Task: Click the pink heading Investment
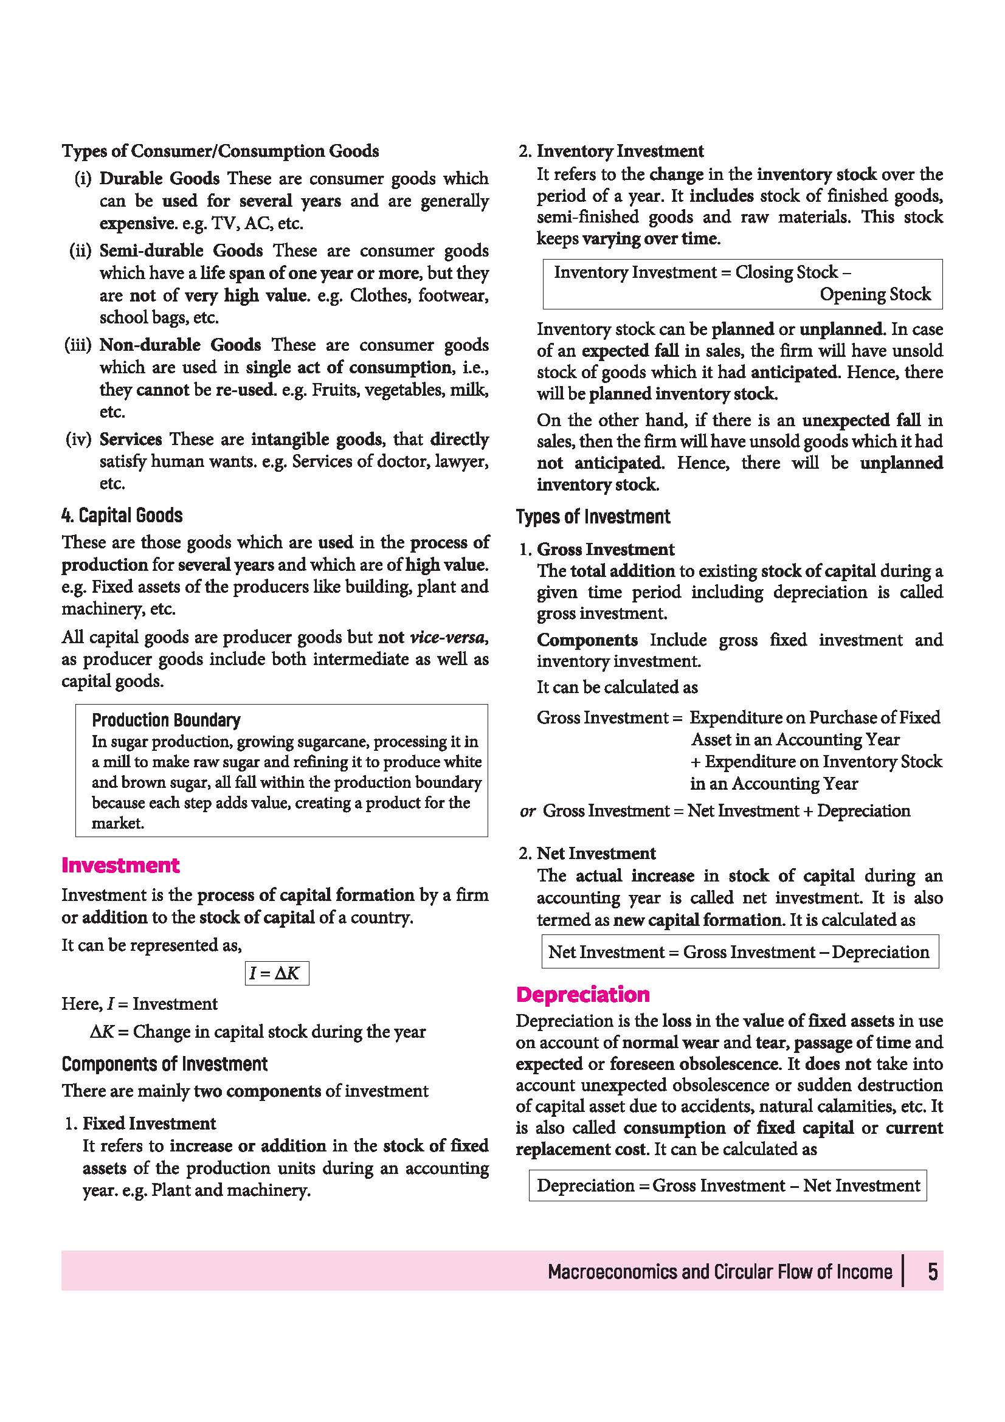(120, 865)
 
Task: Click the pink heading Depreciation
(582, 994)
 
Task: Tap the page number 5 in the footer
(932, 1271)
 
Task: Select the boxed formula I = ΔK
(276, 973)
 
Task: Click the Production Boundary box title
(166, 720)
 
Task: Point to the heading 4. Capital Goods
(122, 516)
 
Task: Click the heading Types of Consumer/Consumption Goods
(220, 151)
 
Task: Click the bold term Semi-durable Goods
(181, 251)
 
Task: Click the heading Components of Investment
(164, 1064)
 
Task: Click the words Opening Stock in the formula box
(875, 294)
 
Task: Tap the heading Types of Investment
(593, 517)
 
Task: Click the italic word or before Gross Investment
(528, 812)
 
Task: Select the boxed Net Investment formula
(739, 952)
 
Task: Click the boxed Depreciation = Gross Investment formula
(728, 1186)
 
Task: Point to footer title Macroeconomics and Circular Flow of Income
(719, 1271)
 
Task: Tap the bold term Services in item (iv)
(131, 439)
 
